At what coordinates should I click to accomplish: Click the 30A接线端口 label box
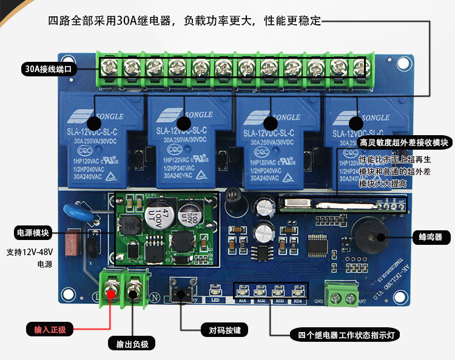pyautogui.click(x=48, y=68)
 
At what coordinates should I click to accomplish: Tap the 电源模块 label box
pyautogui.click(x=33, y=233)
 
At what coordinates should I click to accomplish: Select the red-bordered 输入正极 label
pyautogui.click(x=49, y=330)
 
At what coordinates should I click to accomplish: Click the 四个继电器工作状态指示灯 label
pyautogui.click(x=344, y=335)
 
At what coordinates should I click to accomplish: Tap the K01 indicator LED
pyautogui.click(x=243, y=290)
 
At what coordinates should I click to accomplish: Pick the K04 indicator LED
pyautogui.click(x=298, y=290)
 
